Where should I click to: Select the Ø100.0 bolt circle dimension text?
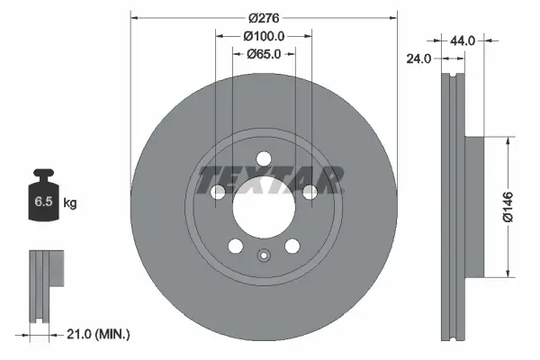pos(265,36)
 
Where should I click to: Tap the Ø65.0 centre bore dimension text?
pos(265,54)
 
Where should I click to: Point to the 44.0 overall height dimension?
pos(462,40)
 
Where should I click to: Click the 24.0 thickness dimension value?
pos(420,58)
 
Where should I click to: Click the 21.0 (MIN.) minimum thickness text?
pos(99,335)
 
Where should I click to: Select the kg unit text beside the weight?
pos(70,204)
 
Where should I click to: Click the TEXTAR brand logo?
pos(271,178)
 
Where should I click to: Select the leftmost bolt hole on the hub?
pos(217,191)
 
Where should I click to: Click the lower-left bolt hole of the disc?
pos(235,245)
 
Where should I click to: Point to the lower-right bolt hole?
pos(292,245)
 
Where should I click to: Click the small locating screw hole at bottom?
pos(263,255)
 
